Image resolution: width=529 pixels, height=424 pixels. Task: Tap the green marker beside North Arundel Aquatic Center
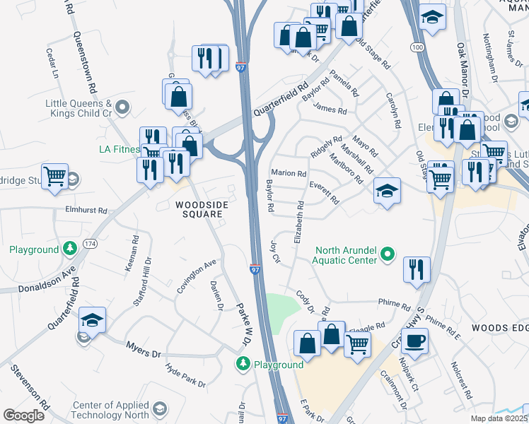point(387,253)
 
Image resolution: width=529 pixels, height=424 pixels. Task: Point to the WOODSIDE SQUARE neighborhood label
point(200,210)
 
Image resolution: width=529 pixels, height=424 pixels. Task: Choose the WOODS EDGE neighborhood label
point(500,329)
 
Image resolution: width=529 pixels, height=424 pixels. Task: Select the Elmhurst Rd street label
point(84,211)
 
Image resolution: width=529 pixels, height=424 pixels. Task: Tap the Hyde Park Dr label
point(185,375)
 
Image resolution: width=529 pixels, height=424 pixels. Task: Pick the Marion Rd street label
point(289,173)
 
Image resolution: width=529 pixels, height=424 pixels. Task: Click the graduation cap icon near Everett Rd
point(386,191)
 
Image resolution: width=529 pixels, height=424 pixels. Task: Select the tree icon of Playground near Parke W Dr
point(243,363)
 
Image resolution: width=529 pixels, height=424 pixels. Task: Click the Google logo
point(23,415)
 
